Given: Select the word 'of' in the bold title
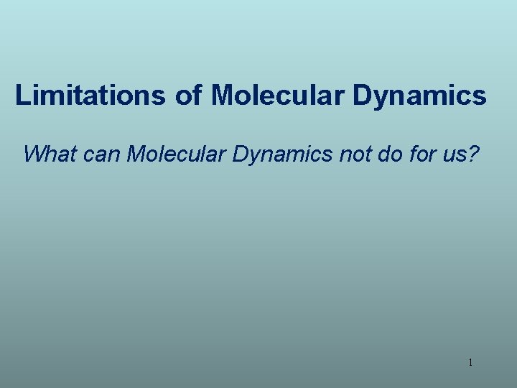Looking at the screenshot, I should click(188, 96).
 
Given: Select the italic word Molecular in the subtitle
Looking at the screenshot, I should click(177, 154).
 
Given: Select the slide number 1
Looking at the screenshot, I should click(470, 363).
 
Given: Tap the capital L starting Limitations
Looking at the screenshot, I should click(23, 96).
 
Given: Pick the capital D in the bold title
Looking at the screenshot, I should click(360, 96).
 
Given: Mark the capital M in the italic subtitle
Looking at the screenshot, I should click(137, 154).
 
